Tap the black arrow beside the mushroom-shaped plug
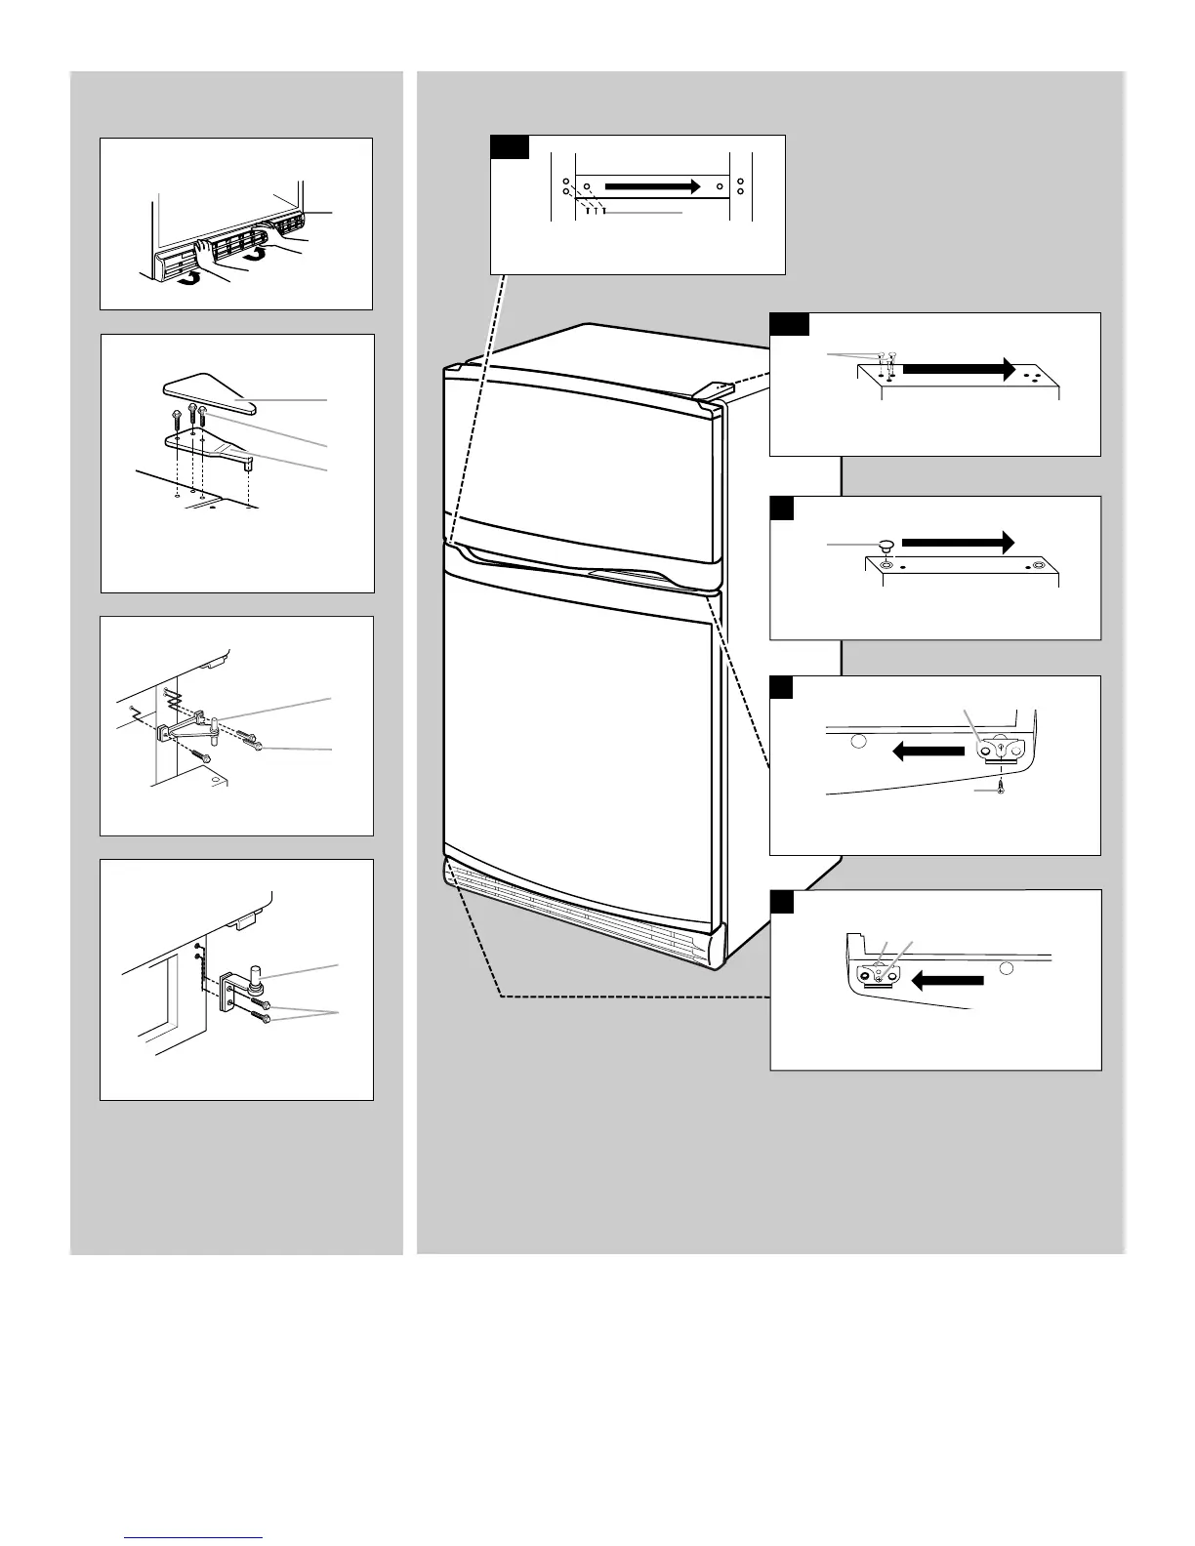pyautogui.click(x=958, y=542)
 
